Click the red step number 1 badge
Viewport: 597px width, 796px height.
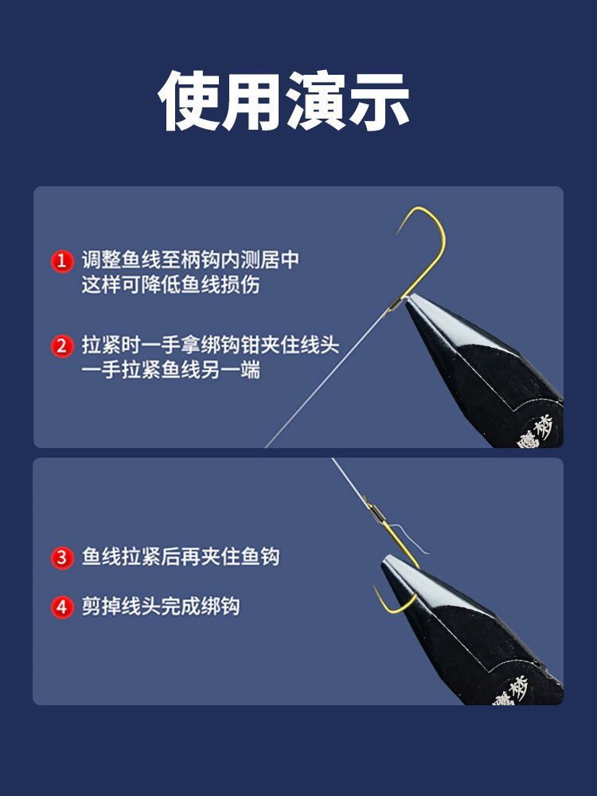(x=62, y=261)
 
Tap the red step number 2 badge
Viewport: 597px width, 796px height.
(x=62, y=346)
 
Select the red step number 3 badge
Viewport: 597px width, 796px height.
(x=62, y=557)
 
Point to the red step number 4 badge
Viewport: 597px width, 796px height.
(x=62, y=607)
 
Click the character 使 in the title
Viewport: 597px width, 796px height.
(x=189, y=100)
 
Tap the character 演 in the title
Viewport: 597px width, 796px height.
(x=316, y=100)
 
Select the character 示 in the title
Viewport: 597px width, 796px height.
(x=380, y=100)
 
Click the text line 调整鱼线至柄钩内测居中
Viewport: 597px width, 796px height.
(x=190, y=260)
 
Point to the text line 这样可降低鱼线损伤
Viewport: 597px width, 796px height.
(x=170, y=284)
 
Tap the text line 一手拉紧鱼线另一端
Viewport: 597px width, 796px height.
(x=170, y=369)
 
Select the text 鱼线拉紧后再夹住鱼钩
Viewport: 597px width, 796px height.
(x=181, y=556)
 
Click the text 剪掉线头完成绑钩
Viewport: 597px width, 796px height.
(x=161, y=606)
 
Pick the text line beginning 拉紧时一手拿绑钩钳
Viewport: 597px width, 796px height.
(x=210, y=345)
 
